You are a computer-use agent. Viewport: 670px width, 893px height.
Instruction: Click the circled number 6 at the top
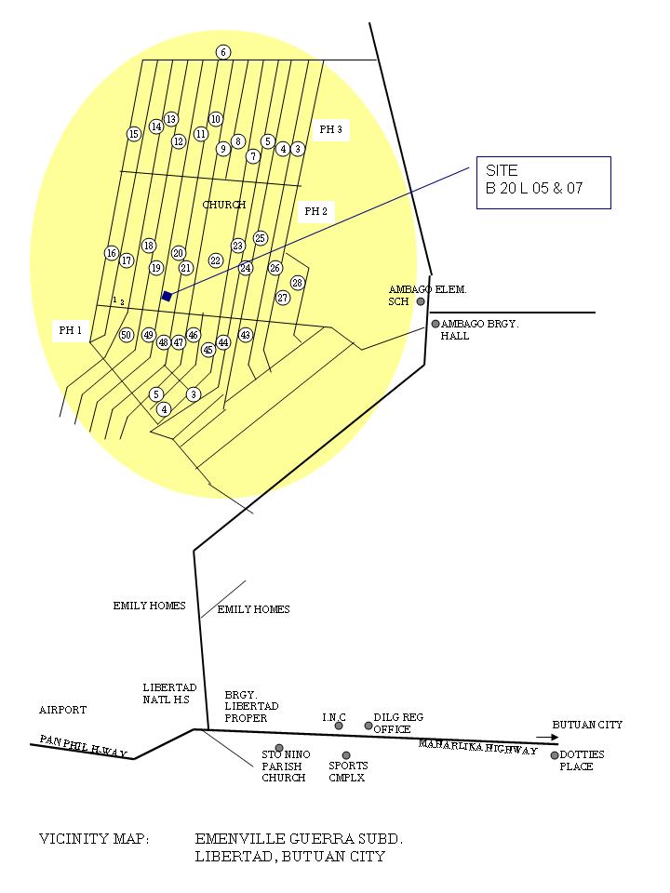[x=223, y=52]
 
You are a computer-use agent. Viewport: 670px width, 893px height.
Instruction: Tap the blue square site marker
[x=167, y=296]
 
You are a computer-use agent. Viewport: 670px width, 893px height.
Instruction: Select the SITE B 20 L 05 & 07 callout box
[x=543, y=182]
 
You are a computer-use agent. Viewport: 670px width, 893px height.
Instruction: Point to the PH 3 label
[x=330, y=130]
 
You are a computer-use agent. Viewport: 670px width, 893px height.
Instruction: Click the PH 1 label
[x=71, y=330]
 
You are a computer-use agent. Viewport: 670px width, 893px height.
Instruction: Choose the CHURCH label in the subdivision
[x=224, y=205]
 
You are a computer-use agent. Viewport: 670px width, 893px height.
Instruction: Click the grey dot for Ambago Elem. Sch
[x=421, y=301]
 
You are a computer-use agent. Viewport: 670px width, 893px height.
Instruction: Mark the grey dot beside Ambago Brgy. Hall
[x=435, y=324]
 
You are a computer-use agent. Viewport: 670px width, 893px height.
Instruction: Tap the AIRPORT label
[x=62, y=710]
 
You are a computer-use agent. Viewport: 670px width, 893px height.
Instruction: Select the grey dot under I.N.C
[x=339, y=726]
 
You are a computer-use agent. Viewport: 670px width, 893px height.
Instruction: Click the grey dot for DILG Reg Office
[x=368, y=726]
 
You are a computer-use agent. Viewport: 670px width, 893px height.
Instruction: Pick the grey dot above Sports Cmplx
[x=346, y=755]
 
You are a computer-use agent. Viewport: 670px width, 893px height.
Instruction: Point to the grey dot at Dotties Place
[x=555, y=755]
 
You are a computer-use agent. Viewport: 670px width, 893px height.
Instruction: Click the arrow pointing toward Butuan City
[x=547, y=737]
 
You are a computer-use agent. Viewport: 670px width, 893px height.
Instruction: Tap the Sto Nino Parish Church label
[x=285, y=766]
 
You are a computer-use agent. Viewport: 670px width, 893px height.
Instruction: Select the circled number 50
[x=127, y=335]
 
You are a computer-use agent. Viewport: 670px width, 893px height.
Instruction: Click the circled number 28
[x=298, y=283]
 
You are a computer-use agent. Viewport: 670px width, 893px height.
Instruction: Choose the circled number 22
[x=216, y=260]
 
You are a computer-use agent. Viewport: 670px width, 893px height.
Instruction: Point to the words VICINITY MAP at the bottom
[x=93, y=839]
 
